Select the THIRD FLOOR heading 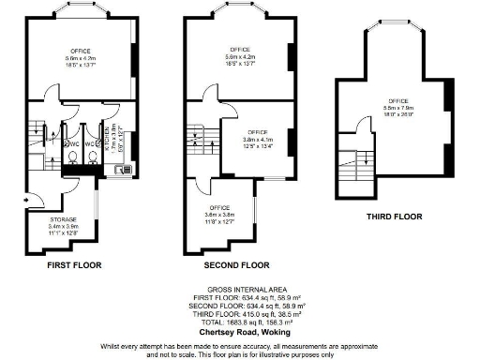[393, 216]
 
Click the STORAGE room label [64, 218]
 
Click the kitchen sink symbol [121, 169]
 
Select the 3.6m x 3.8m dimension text [219, 215]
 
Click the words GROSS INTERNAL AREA [239, 290]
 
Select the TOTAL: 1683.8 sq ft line [239, 319]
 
